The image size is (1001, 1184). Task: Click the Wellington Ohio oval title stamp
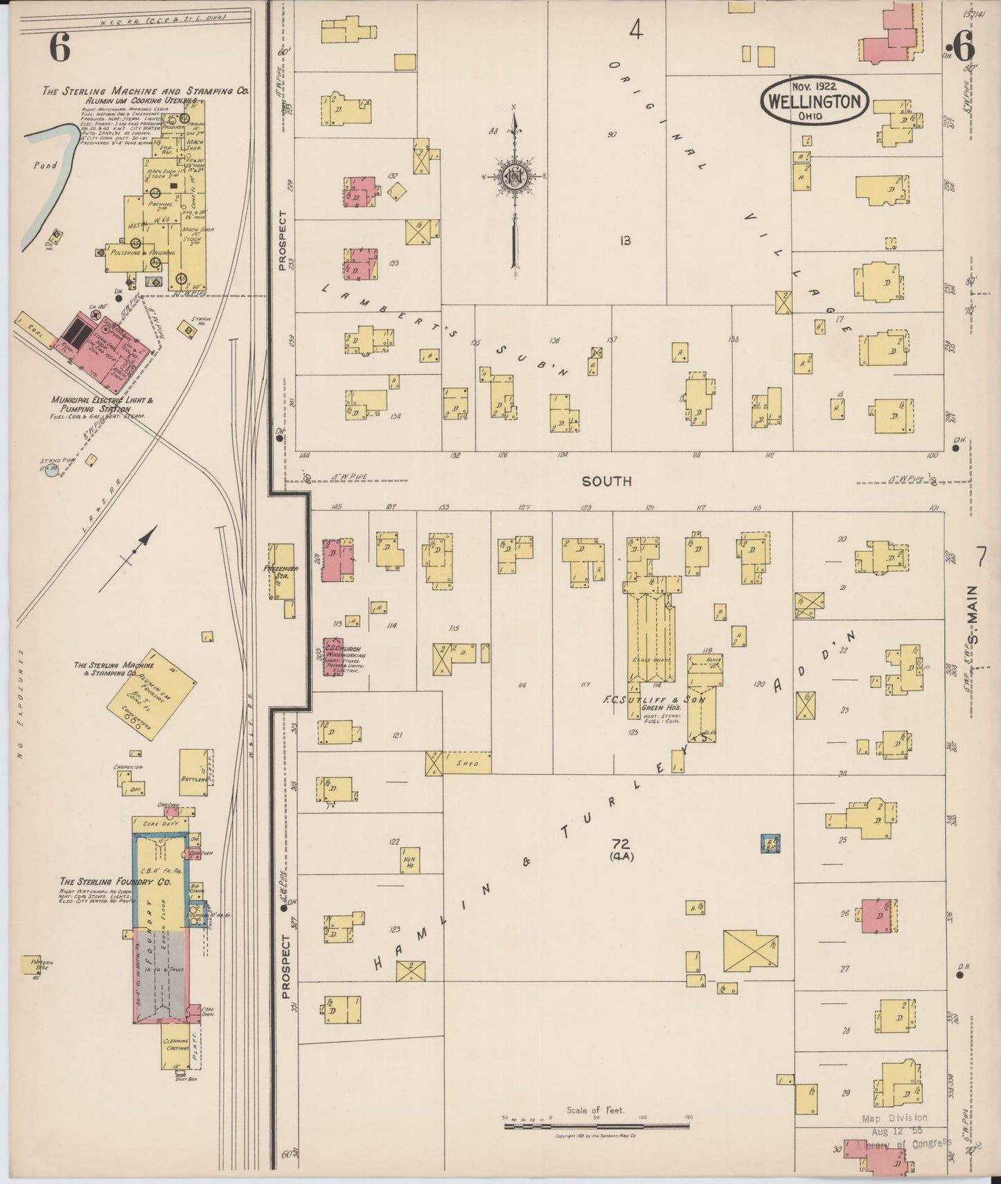pyautogui.click(x=814, y=101)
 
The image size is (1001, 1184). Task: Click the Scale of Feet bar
pyautogui.click(x=595, y=1127)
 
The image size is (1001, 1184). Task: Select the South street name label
pyautogui.click(x=606, y=481)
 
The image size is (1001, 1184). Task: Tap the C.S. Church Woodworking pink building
pyautogui.click(x=333, y=656)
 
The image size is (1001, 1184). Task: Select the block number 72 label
pyautogui.click(x=620, y=843)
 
